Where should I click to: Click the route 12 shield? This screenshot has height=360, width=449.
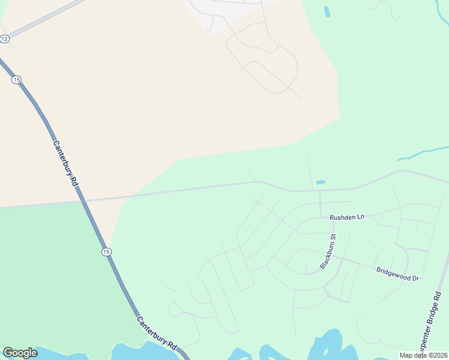pyautogui.click(x=5, y=38)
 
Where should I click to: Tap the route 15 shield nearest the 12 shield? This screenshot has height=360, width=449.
pyautogui.click(x=16, y=79)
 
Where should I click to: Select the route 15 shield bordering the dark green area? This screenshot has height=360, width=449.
pyautogui.click(x=106, y=251)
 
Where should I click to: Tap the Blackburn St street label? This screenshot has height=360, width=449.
pyautogui.click(x=328, y=252)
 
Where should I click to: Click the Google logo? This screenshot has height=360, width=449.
pyautogui.click(x=20, y=353)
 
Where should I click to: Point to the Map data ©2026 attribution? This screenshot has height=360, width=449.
pyautogui.click(x=423, y=355)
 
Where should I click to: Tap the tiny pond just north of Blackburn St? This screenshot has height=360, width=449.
pyautogui.click(x=321, y=182)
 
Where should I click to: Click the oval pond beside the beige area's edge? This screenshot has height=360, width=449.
pyautogui.click(x=327, y=11)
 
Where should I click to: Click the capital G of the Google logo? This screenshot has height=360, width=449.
pyautogui.click(x=8, y=353)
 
